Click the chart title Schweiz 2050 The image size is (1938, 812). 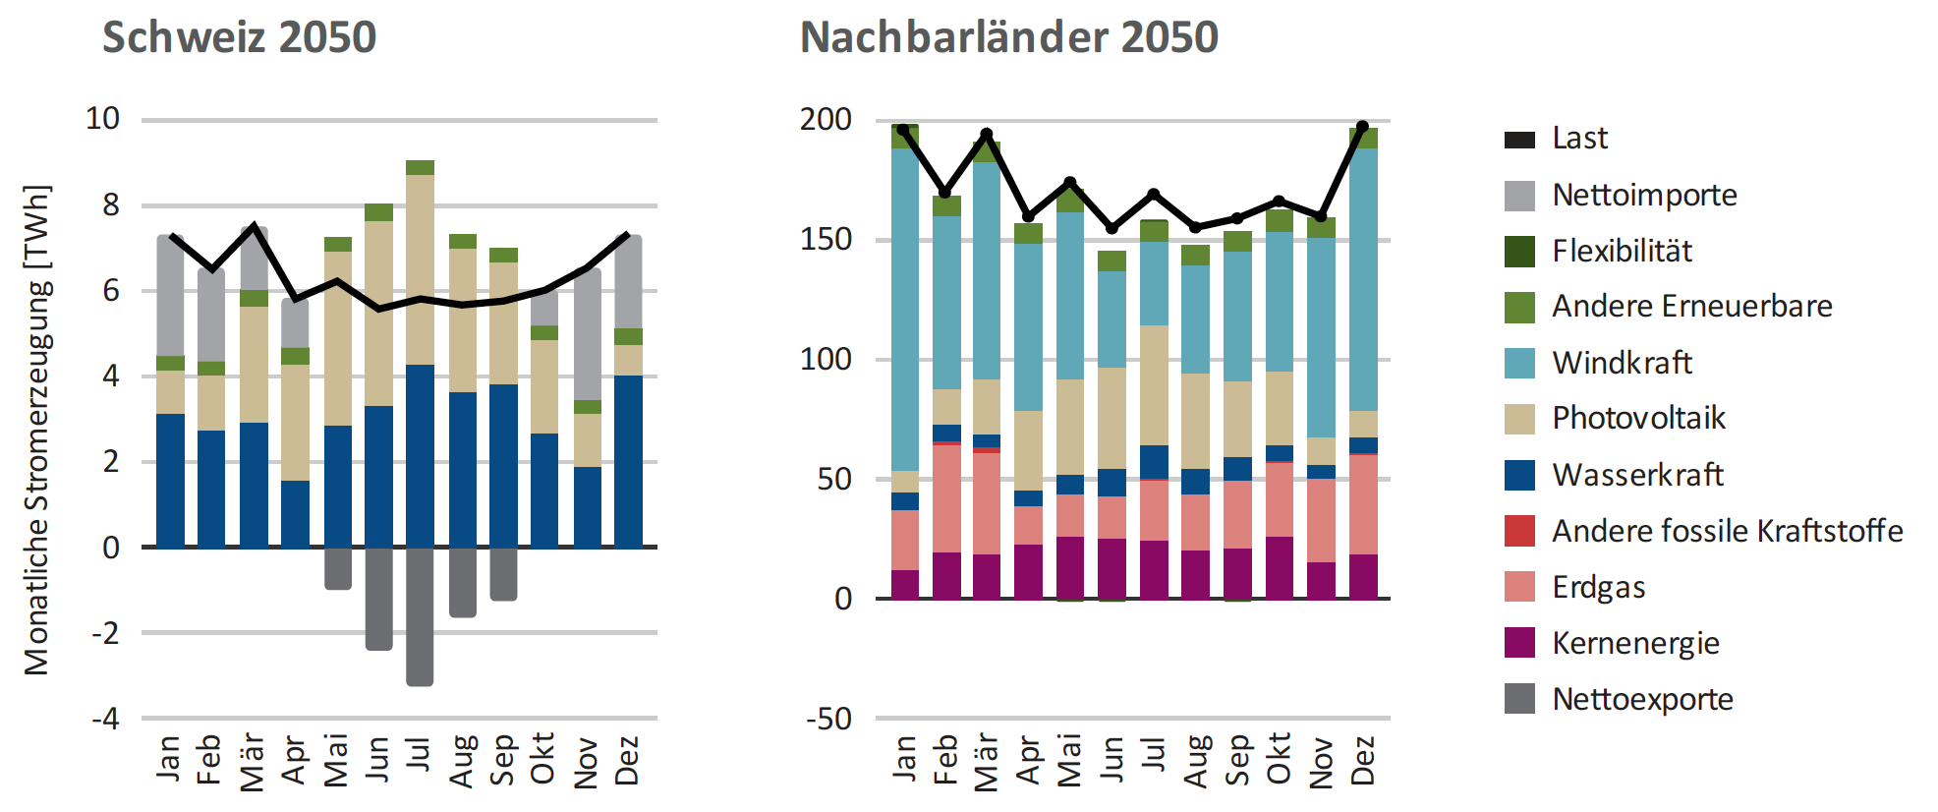239,37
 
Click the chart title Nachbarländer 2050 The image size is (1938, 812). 1008,37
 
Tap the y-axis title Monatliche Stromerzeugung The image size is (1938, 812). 37,430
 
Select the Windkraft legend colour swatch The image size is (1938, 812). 1519,363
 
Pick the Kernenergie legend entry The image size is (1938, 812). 1635,643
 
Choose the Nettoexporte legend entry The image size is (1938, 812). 1642,699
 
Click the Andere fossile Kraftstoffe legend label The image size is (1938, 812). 1727,531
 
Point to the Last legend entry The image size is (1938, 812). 1579,139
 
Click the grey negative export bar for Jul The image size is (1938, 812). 420,616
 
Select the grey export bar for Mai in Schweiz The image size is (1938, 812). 337,568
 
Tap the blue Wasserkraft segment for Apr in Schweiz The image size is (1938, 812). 295,513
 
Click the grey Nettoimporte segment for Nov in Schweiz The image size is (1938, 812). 588,334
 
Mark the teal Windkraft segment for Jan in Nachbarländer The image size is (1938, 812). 905,310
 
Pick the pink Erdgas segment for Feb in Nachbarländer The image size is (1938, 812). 946,498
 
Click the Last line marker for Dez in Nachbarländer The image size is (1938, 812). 1362,128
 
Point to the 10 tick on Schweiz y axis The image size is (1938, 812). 103,119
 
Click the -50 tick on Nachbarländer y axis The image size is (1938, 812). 828,719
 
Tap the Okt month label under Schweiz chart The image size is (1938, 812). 542,759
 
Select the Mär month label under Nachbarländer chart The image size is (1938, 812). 986,761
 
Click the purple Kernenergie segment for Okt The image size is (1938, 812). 1279,567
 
